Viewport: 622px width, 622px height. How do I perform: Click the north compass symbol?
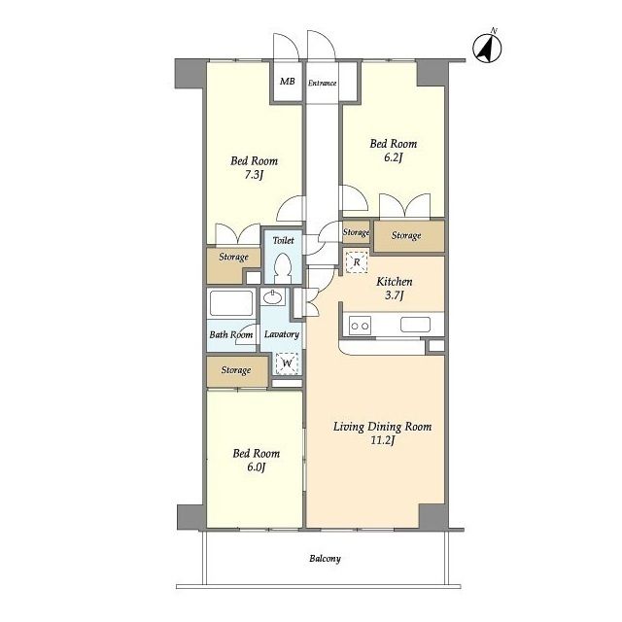pyautogui.click(x=487, y=48)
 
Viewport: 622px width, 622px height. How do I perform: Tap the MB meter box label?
pyautogui.click(x=288, y=82)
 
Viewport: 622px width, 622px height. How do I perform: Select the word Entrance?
pyautogui.click(x=322, y=83)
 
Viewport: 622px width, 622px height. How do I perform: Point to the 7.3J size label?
pyautogui.click(x=254, y=175)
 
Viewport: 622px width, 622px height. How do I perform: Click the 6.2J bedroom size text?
pyautogui.click(x=393, y=157)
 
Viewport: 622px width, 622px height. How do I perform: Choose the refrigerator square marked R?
pyautogui.click(x=357, y=261)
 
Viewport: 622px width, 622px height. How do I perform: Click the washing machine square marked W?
pyautogui.click(x=287, y=363)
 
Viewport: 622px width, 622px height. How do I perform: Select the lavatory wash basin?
pyautogui.click(x=273, y=297)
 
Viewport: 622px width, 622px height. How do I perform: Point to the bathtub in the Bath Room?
pyautogui.click(x=231, y=303)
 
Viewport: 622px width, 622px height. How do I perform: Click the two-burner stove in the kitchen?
pyautogui.click(x=360, y=326)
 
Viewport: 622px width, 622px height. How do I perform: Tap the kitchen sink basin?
pyautogui.click(x=415, y=325)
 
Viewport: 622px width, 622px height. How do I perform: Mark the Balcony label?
pyautogui.click(x=325, y=559)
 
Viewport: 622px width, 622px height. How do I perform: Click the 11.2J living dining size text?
pyautogui.click(x=382, y=440)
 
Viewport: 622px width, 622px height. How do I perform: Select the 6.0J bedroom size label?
pyautogui.click(x=257, y=466)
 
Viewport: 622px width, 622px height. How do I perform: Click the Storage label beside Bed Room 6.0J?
pyautogui.click(x=236, y=370)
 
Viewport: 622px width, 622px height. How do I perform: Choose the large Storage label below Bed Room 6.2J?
pyautogui.click(x=406, y=235)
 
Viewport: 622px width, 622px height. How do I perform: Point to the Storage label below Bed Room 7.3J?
pyautogui.click(x=233, y=257)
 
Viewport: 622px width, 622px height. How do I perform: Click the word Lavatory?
pyautogui.click(x=282, y=334)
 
